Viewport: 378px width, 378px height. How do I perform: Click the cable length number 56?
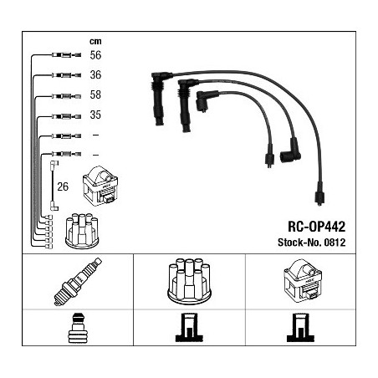95,55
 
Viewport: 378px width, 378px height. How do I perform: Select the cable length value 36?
95,75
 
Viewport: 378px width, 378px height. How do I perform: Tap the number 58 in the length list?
95,95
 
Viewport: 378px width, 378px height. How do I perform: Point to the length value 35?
95,115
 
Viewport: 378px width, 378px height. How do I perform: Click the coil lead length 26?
63,186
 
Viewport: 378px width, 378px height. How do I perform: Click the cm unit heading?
95,42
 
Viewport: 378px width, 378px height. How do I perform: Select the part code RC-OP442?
316,227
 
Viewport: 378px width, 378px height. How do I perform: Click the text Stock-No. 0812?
311,243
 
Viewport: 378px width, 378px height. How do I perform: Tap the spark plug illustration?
78,282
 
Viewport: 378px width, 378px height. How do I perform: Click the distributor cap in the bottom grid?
189,280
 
